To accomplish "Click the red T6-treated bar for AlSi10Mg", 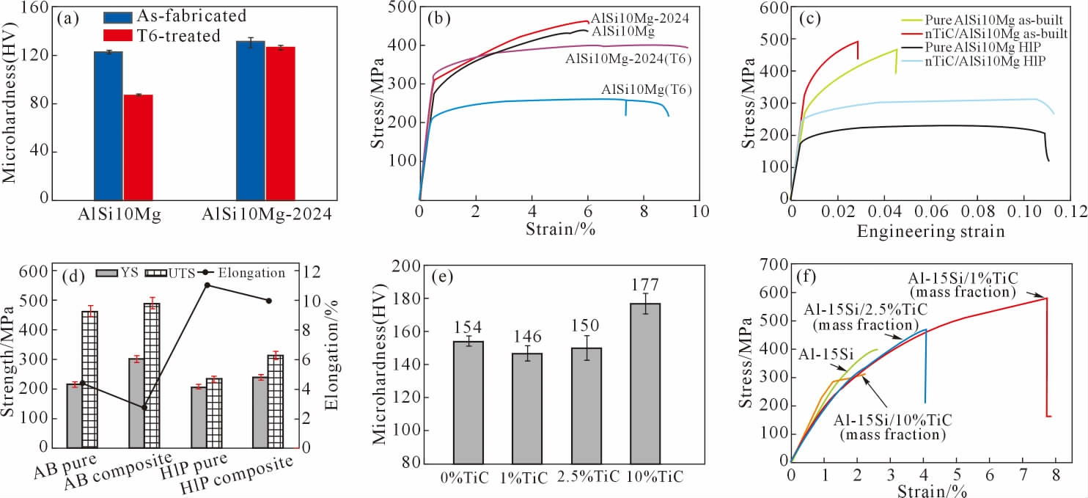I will click(x=138, y=147).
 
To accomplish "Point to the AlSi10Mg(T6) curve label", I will click(x=647, y=89).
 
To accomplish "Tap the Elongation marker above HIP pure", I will click(x=207, y=285).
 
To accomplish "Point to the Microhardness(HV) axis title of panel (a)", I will click(x=10, y=100).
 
